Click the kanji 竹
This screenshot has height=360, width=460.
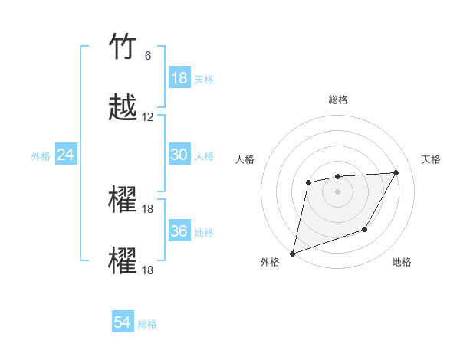click(123, 47)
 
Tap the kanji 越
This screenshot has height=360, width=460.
click(123, 108)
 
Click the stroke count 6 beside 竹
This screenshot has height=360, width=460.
click(148, 56)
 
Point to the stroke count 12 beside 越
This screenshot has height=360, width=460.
click(148, 117)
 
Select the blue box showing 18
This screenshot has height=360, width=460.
click(179, 78)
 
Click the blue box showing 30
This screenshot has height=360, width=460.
click(179, 155)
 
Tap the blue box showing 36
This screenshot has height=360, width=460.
click(179, 231)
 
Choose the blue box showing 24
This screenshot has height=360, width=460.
click(66, 155)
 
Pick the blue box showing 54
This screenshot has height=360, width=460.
click(123, 323)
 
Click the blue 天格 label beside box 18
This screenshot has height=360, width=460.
click(204, 80)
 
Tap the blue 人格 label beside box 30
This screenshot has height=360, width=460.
click(204, 156)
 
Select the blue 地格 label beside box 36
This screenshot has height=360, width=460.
click(204, 233)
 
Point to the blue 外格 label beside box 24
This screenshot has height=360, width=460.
click(41, 156)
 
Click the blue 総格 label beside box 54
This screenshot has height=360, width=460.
click(147, 325)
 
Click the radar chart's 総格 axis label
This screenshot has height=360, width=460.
click(337, 100)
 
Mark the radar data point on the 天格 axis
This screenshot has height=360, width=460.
click(396, 172)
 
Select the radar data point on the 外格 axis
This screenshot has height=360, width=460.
click(293, 253)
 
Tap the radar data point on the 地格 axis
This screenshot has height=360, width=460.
click(365, 229)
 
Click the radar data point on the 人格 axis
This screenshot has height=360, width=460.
click(308, 182)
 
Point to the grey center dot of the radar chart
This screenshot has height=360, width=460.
click(337, 191)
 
